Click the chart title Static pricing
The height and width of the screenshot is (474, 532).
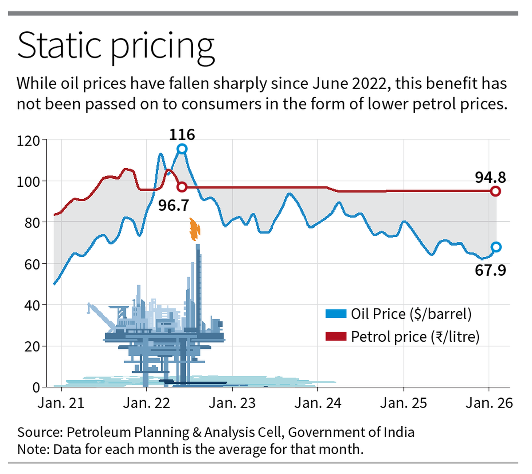(116, 46)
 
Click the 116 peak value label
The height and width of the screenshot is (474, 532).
(182, 134)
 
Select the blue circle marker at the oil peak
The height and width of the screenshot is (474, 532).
(182, 149)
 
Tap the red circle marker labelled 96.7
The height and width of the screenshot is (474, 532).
(182, 187)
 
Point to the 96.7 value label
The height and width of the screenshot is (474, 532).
(174, 205)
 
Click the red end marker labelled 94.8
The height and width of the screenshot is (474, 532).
(496, 191)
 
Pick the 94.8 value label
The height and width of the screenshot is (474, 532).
(490, 177)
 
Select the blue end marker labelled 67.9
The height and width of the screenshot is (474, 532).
(496, 247)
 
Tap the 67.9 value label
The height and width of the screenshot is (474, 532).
(490, 270)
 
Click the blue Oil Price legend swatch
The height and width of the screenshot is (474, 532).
(336, 314)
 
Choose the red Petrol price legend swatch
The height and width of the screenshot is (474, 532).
(336, 337)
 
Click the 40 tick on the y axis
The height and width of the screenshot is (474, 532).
(31, 305)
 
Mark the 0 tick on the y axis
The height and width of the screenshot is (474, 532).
(36, 387)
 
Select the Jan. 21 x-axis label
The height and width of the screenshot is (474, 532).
(61, 403)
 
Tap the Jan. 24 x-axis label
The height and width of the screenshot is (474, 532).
(318, 403)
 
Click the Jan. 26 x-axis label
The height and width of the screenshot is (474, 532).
(489, 403)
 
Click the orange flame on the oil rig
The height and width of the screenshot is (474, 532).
(195, 229)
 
